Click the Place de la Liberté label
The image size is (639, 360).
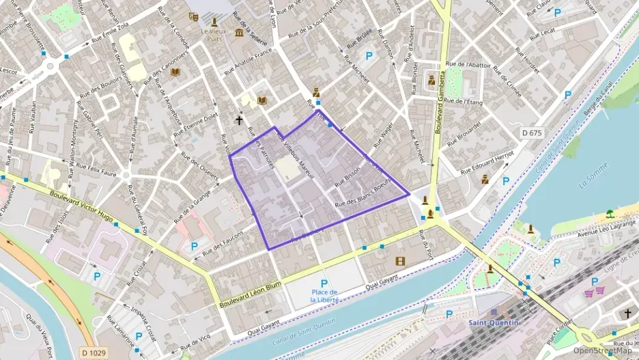(x=324, y=296)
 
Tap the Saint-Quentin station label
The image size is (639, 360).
(x=494, y=322)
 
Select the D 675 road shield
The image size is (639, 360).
(x=531, y=133)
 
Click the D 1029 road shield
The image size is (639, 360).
(x=94, y=352)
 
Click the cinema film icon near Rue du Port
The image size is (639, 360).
(x=400, y=260)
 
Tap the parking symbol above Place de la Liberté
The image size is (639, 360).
(x=324, y=283)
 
